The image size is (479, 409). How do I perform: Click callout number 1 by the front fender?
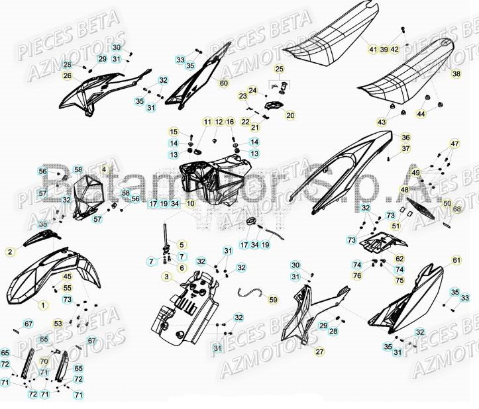[x=43, y=305]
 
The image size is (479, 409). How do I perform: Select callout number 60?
[x=223, y=83]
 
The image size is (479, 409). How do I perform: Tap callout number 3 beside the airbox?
[x=166, y=277]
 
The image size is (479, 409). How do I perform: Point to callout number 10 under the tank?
[x=190, y=204]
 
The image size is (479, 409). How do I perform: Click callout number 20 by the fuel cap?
[x=272, y=115]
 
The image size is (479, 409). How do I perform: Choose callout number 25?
[x=279, y=69]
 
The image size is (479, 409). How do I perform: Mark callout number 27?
[x=319, y=351]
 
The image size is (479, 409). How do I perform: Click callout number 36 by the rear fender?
[x=405, y=138]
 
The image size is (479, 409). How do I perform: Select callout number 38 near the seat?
[x=456, y=73]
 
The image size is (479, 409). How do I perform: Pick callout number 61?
[x=456, y=260]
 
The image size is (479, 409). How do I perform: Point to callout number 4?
[x=103, y=170]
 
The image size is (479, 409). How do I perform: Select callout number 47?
[x=454, y=144]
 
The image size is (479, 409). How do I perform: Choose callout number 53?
[x=58, y=324]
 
